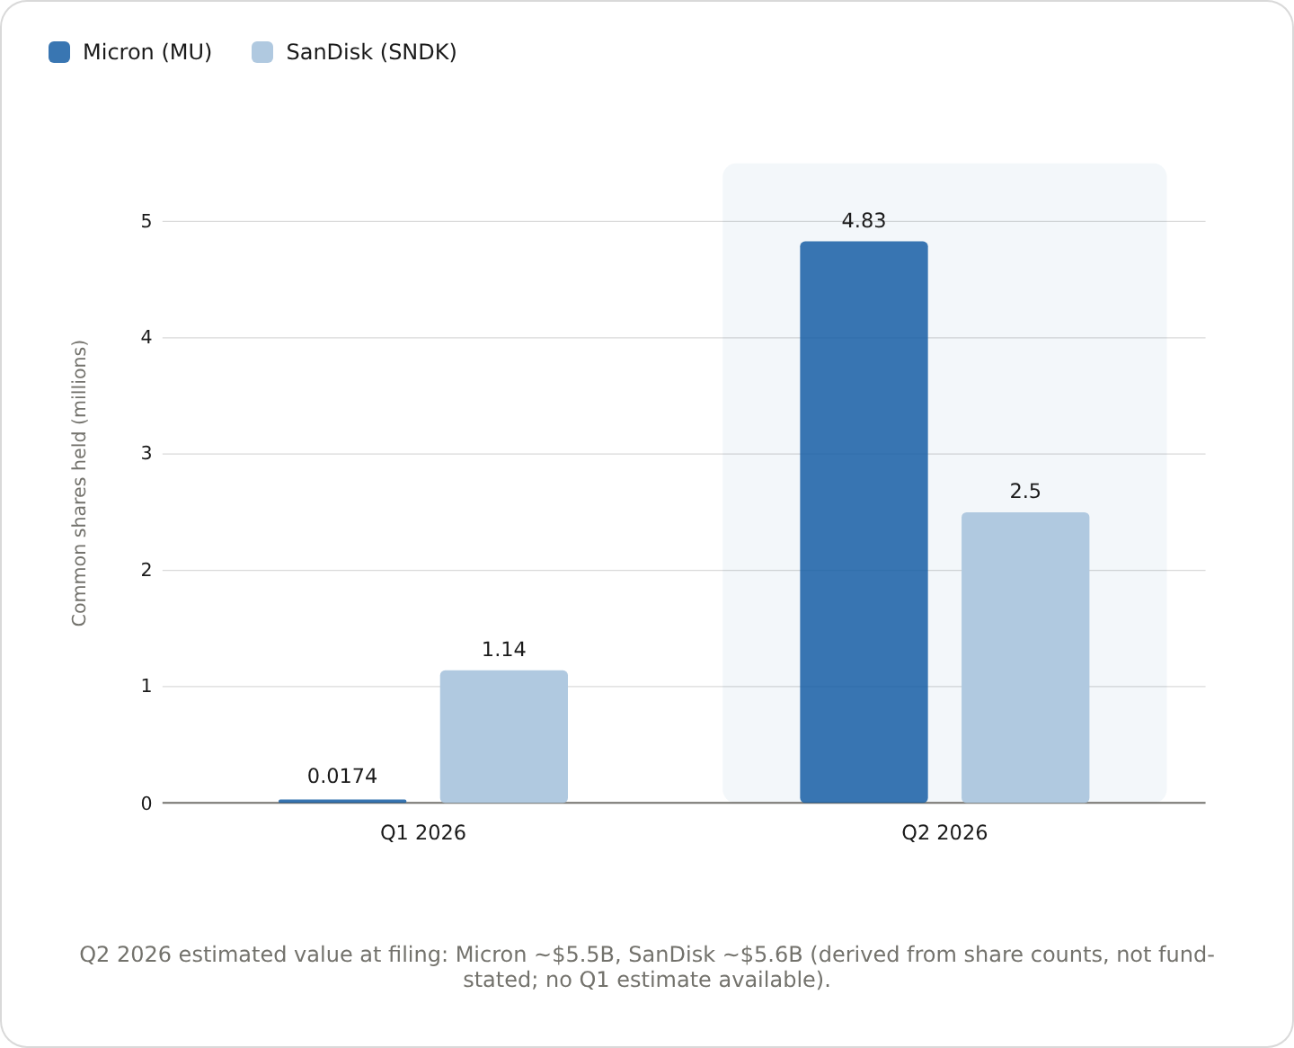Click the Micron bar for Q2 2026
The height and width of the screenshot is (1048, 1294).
(x=864, y=522)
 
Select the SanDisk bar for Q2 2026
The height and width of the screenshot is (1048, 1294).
(x=1025, y=657)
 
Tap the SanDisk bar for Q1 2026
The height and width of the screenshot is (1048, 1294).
(x=503, y=736)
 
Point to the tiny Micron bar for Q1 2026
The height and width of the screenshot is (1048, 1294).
(x=342, y=802)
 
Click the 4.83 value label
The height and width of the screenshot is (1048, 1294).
(x=864, y=220)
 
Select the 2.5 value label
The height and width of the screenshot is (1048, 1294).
(x=1025, y=491)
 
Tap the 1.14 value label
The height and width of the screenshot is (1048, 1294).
(x=503, y=650)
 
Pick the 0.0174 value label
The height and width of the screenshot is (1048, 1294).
(x=342, y=776)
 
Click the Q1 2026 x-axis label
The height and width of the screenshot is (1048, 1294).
(x=423, y=832)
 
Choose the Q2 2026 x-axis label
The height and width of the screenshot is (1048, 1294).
(x=944, y=832)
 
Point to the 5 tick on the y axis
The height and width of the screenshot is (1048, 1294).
(x=146, y=221)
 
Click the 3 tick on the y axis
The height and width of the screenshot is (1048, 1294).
(x=146, y=453)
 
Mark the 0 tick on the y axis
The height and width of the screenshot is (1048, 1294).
(x=146, y=804)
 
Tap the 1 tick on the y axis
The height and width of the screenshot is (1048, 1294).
(x=146, y=686)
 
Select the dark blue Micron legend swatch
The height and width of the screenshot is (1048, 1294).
(x=59, y=52)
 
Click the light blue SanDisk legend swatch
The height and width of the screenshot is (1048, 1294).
(x=262, y=52)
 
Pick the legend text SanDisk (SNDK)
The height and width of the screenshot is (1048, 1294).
(x=371, y=52)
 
